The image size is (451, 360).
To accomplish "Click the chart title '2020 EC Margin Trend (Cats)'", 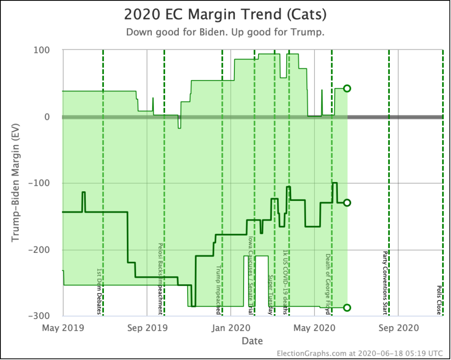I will (225, 15).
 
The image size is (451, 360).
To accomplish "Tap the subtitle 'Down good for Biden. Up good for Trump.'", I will (225, 33).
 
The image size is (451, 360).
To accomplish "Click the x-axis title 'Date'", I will (252, 341).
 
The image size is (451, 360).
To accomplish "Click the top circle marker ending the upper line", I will (347, 88).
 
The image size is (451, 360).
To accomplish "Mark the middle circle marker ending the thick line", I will (347, 203).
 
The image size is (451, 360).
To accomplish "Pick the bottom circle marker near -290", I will (347, 308).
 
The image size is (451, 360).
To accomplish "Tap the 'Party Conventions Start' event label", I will (385, 283).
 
